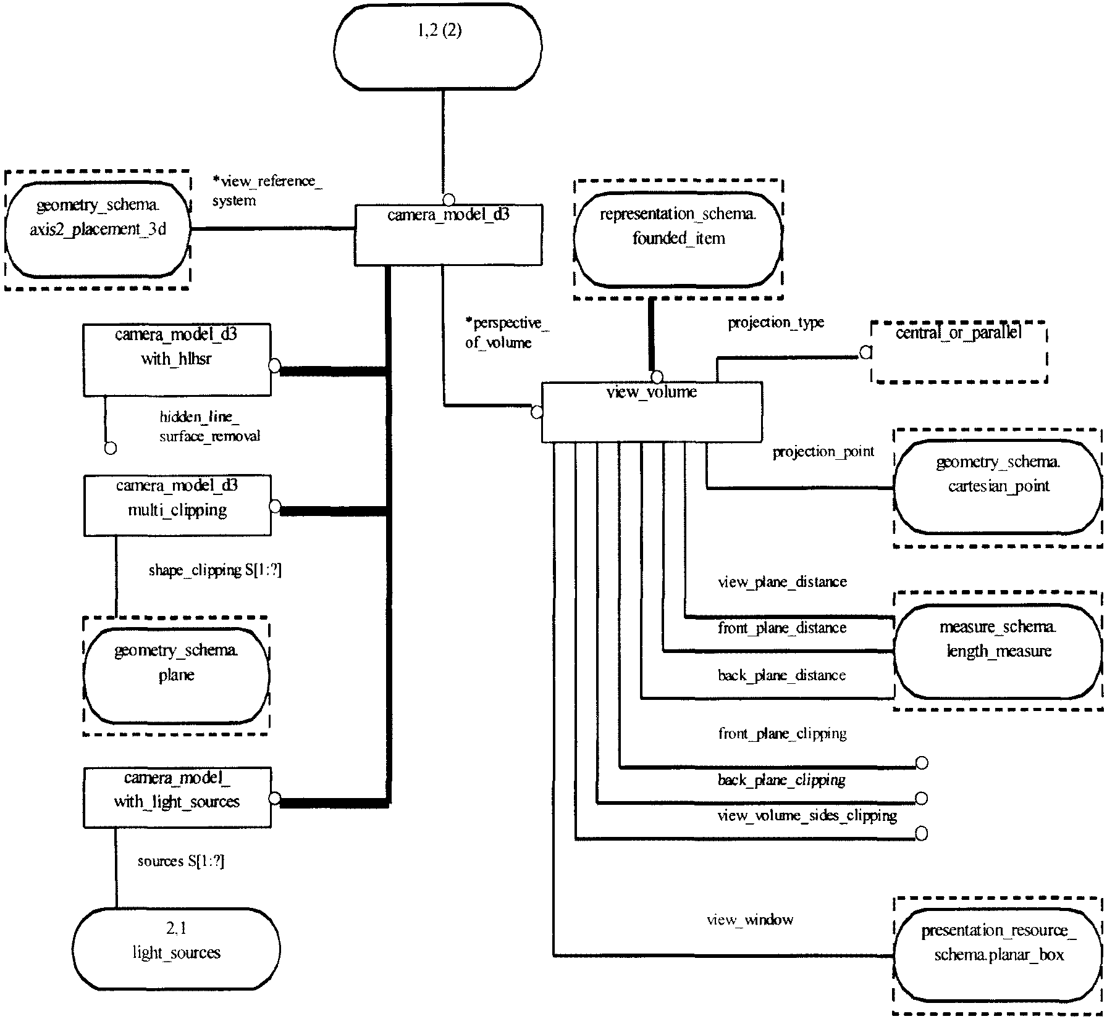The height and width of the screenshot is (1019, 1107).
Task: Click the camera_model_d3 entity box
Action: (x=448, y=235)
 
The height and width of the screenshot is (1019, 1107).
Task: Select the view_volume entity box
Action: (x=652, y=412)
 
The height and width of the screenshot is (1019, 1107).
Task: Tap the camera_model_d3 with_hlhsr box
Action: (x=177, y=360)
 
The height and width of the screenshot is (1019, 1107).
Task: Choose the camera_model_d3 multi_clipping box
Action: (x=177, y=505)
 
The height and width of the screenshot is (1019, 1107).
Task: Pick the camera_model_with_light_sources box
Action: (x=177, y=797)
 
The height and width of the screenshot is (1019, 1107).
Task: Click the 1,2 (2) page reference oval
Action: (x=437, y=47)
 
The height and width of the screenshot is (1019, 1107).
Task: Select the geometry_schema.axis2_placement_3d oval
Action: (x=98, y=229)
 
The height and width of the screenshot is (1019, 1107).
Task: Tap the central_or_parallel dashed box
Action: (x=959, y=352)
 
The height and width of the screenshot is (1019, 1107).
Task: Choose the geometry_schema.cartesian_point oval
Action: (x=998, y=487)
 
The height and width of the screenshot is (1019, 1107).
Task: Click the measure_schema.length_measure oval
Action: (x=998, y=651)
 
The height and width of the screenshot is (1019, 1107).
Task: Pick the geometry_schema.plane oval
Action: (x=176, y=676)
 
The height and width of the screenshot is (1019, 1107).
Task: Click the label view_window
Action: (x=750, y=920)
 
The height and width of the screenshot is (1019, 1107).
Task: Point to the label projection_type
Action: (x=776, y=323)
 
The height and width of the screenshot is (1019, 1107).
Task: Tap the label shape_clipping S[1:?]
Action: (x=215, y=570)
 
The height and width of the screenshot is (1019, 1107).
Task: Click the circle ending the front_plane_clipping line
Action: (x=921, y=763)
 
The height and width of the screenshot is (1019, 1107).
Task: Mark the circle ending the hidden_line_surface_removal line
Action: (x=111, y=448)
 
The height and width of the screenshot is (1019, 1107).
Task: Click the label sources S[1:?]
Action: (x=181, y=862)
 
